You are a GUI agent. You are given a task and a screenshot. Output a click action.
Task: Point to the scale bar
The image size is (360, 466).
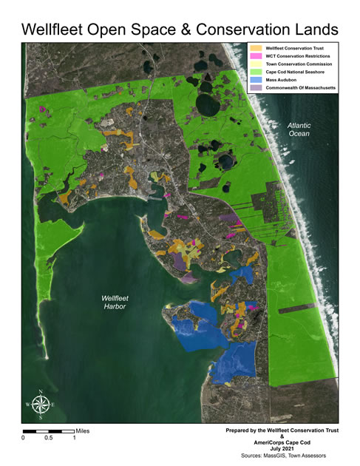coord(49,430)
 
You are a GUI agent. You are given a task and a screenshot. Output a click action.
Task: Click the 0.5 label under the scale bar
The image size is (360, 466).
coord(49,438)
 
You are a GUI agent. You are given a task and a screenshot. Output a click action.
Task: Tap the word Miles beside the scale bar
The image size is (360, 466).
coord(86,430)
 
